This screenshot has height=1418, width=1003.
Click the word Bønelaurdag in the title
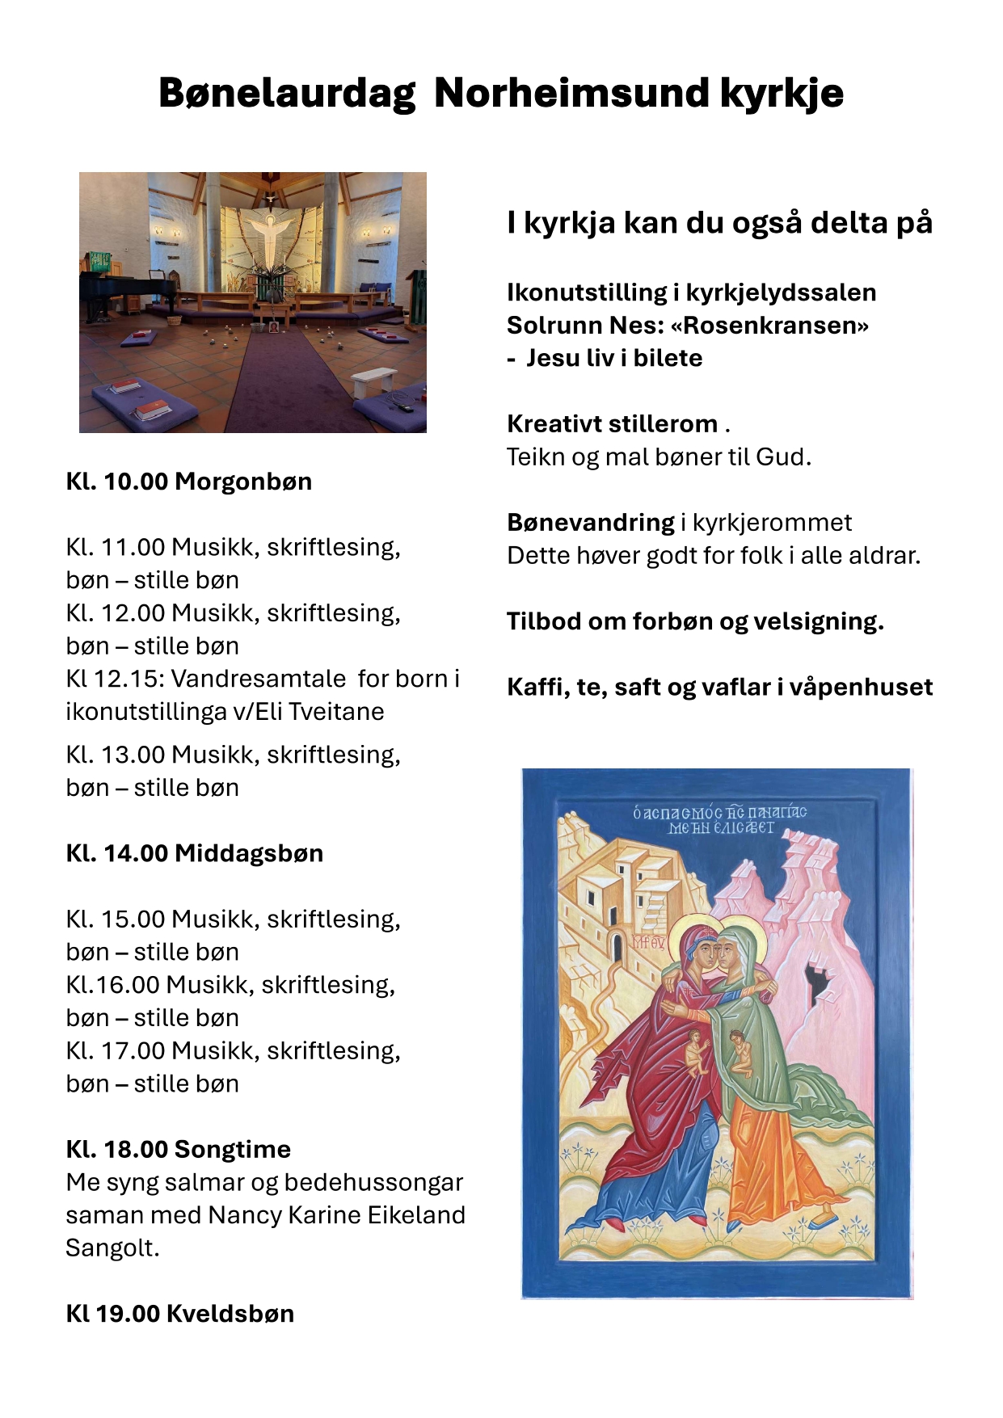point(287,93)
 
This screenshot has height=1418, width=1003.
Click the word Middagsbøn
point(249,853)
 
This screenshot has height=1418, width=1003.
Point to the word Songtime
point(232,1149)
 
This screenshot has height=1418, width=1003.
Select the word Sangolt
point(112,1248)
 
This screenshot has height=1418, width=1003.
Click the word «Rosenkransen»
point(769,326)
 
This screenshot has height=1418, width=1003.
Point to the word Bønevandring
point(590,523)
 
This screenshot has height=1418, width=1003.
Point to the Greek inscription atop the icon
point(719,819)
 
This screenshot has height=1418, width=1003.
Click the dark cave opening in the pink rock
point(820,982)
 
